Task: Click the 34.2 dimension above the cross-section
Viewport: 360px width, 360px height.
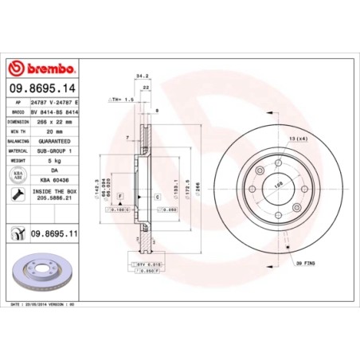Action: pos(143,76)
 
